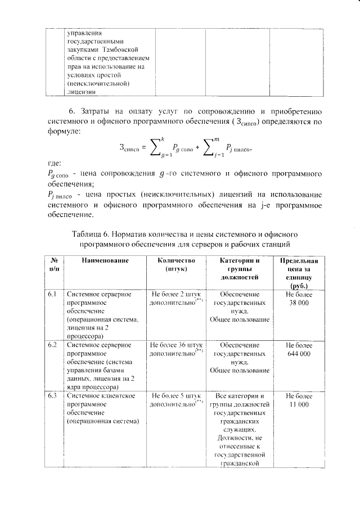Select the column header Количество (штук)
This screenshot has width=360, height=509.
coord(176,264)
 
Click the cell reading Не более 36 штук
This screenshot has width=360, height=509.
coord(176,344)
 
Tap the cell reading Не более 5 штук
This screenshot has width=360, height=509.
coord(176,395)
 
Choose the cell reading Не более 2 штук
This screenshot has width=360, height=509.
coord(176,294)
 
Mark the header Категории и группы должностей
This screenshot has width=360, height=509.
coord(240,268)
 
